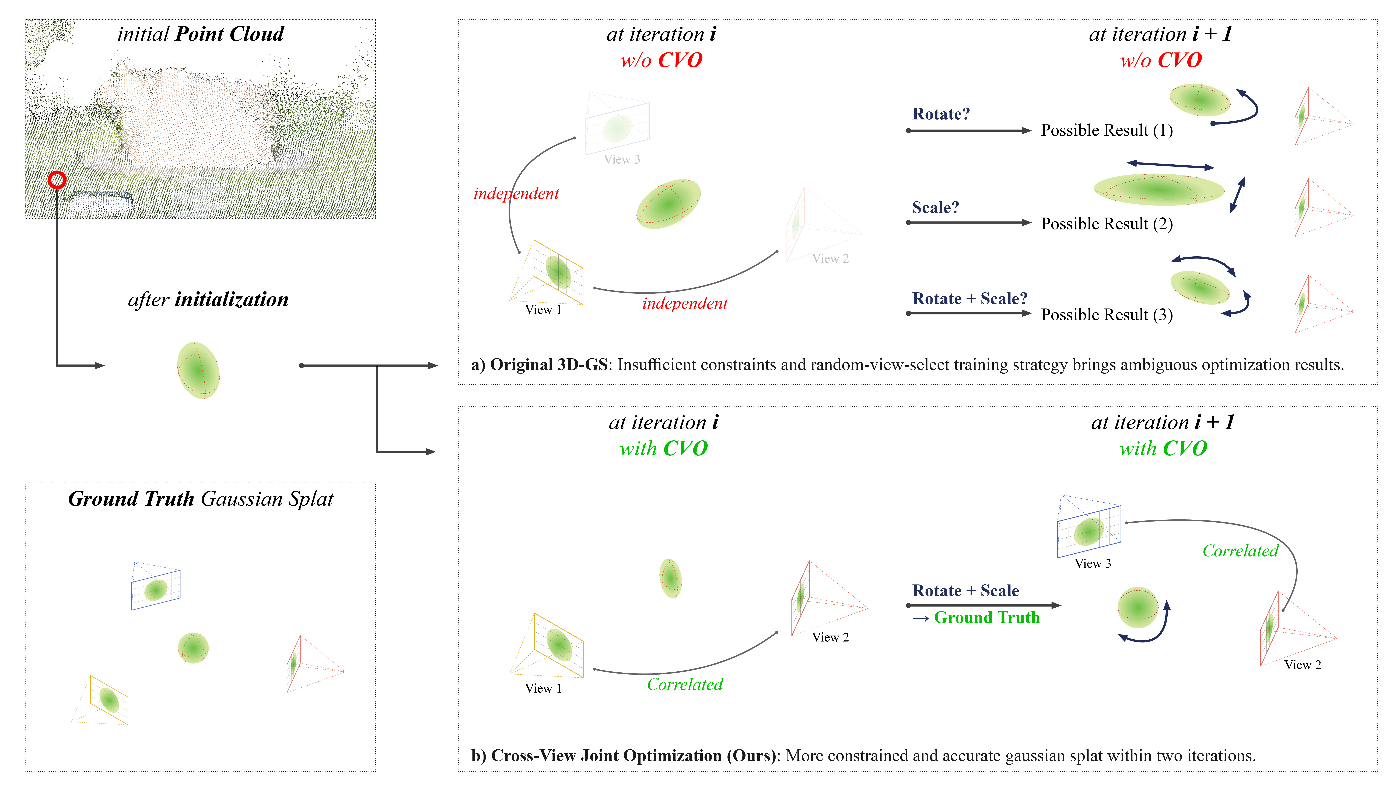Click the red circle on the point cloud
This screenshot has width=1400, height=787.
point(57,180)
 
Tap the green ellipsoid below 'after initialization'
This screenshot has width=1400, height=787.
point(198,370)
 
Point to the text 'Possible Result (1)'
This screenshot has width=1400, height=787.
point(1107,130)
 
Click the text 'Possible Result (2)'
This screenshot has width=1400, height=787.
point(1107,224)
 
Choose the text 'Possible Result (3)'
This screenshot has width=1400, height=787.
point(1107,315)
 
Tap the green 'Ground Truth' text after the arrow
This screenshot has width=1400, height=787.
point(986,618)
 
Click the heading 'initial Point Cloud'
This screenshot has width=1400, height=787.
point(201,34)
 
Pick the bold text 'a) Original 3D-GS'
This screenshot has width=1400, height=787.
point(539,364)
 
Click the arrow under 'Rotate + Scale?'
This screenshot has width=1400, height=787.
point(968,313)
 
